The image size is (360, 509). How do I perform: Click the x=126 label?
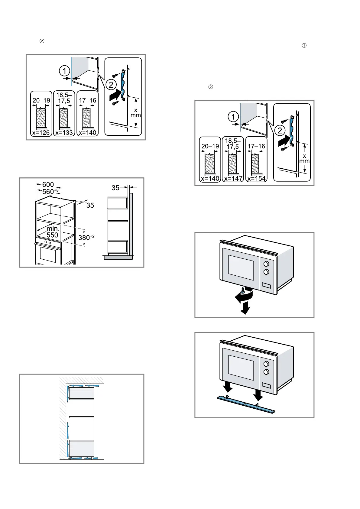(x=41, y=133)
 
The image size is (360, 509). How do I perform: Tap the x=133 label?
(x=64, y=133)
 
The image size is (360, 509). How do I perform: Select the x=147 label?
(x=233, y=178)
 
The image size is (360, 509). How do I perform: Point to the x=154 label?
(x=256, y=178)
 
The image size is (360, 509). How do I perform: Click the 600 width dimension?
(x=48, y=184)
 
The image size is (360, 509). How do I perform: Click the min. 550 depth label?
(x=53, y=232)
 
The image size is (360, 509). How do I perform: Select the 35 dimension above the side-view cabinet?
(x=115, y=188)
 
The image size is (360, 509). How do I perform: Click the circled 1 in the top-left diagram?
(x=64, y=71)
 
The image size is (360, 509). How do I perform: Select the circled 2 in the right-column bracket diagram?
(x=280, y=131)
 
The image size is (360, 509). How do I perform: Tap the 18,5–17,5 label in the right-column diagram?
(x=233, y=144)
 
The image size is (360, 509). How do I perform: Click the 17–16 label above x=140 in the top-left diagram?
(x=88, y=100)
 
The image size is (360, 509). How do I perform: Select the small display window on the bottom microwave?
(x=267, y=385)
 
